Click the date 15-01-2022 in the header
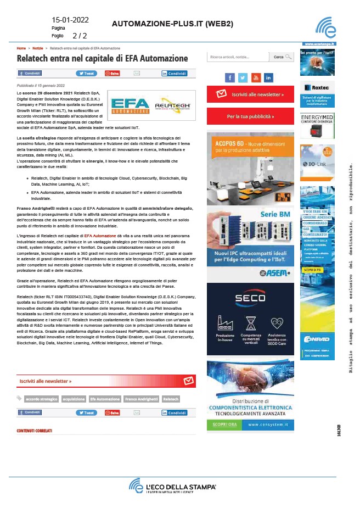pyautogui.click(x=70, y=20)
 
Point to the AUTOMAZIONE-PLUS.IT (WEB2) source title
pyautogui.click(x=172, y=24)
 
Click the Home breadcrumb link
pyautogui.click(x=21, y=48)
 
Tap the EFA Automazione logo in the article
pyautogui.click(x=129, y=104)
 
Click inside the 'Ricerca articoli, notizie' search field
pyautogui.click(x=237, y=57)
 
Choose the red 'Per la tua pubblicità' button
pyautogui.click(x=250, y=116)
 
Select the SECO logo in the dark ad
pyautogui.click(x=250, y=299)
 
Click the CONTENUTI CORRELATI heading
pyautogui.click(x=34, y=431)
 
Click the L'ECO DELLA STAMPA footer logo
pyautogui.click(x=173, y=487)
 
